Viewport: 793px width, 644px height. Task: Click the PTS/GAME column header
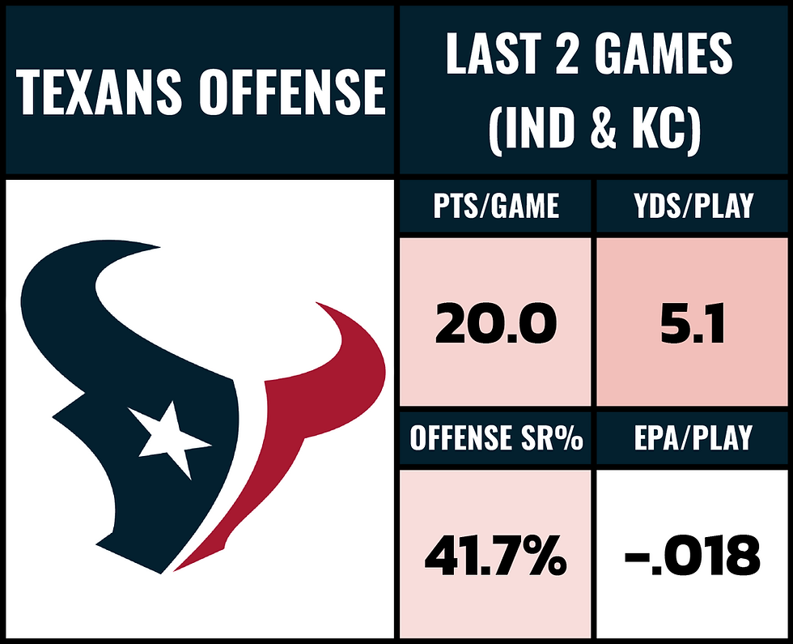(x=495, y=206)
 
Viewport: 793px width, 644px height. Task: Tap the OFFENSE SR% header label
(x=495, y=438)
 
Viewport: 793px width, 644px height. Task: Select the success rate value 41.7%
(x=495, y=557)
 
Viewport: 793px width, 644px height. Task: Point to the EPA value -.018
(x=693, y=557)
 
